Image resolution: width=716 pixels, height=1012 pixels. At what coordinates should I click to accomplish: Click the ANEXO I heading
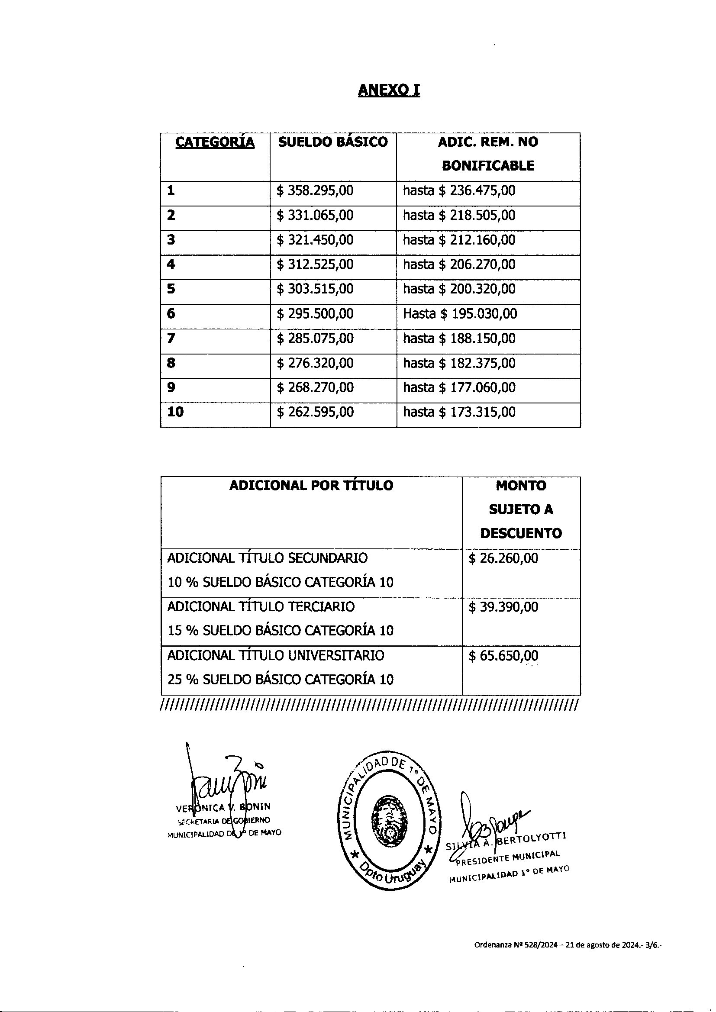pos(389,90)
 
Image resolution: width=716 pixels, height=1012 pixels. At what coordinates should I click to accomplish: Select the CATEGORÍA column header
pos(215,142)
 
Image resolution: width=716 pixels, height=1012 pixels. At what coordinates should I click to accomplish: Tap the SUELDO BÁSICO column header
pos(333,142)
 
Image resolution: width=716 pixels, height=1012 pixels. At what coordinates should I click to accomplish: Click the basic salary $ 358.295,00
pos(315,191)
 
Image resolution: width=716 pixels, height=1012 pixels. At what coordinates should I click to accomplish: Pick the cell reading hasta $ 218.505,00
pos(459,216)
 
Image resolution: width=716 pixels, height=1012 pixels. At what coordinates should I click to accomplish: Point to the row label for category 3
pos(171,240)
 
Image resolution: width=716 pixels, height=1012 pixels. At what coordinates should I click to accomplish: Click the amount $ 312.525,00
pos(315,264)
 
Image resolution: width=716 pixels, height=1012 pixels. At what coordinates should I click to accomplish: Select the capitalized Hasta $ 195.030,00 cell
pos(460,314)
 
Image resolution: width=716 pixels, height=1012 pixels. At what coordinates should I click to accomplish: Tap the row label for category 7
pos(171,338)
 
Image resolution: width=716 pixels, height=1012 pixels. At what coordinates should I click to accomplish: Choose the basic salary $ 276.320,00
pos(315,363)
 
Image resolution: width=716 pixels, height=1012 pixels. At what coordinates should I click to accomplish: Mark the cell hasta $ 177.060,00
pos(459,387)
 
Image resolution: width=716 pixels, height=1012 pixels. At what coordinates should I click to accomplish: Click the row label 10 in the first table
pos(175,412)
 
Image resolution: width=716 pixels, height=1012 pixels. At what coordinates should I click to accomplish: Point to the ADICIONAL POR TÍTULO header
pos(311,486)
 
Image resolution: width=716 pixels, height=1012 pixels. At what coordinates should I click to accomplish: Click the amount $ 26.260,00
pos(503,558)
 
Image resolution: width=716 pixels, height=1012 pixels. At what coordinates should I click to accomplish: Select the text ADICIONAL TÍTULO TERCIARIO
pos(261,606)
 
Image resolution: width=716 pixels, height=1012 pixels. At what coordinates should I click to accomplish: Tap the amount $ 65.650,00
pos(503,656)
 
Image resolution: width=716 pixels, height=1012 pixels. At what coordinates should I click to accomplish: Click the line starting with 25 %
pos(280,679)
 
